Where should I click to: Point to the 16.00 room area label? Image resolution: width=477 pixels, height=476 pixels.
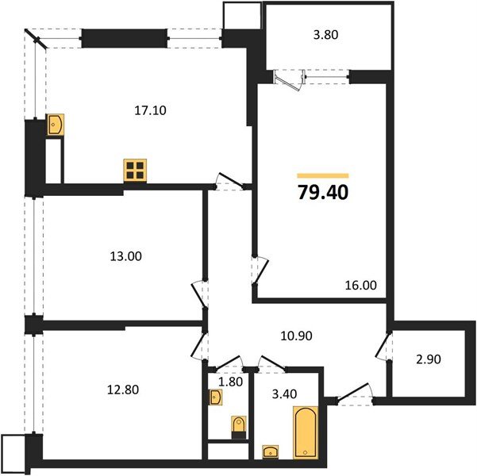point(361,286)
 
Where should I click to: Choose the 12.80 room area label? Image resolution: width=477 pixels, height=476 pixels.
point(122,389)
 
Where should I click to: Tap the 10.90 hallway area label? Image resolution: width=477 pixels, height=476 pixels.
point(297,336)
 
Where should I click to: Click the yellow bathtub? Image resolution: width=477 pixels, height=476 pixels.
point(305,432)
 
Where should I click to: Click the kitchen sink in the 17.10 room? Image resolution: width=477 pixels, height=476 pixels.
point(56,125)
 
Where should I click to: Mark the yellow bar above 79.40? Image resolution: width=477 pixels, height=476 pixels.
point(322,175)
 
